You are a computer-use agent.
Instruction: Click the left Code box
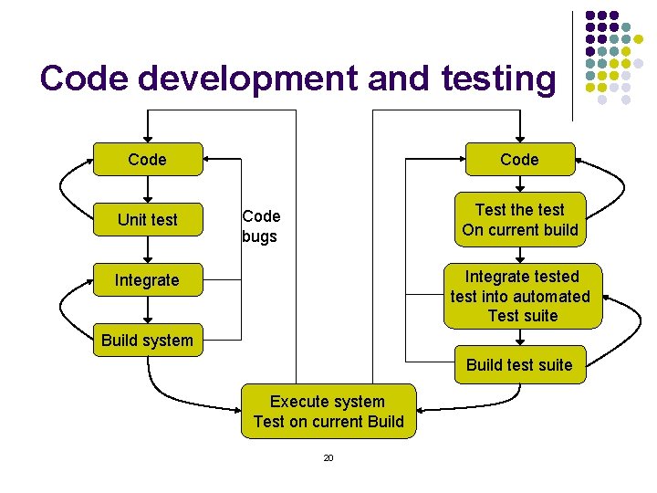(x=147, y=160)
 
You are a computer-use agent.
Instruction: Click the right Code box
(x=519, y=160)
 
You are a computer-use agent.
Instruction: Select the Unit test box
(x=147, y=220)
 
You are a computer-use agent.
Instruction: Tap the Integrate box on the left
(x=147, y=280)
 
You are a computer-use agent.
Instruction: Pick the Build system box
(x=147, y=341)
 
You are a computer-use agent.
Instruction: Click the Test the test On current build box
(x=520, y=220)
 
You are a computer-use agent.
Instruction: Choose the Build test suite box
(x=519, y=365)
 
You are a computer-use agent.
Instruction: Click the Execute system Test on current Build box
(x=328, y=411)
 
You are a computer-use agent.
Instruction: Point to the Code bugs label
(x=260, y=226)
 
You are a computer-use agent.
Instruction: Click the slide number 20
(x=328, y=457)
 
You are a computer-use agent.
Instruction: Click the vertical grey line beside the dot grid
(x=572, y=64)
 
